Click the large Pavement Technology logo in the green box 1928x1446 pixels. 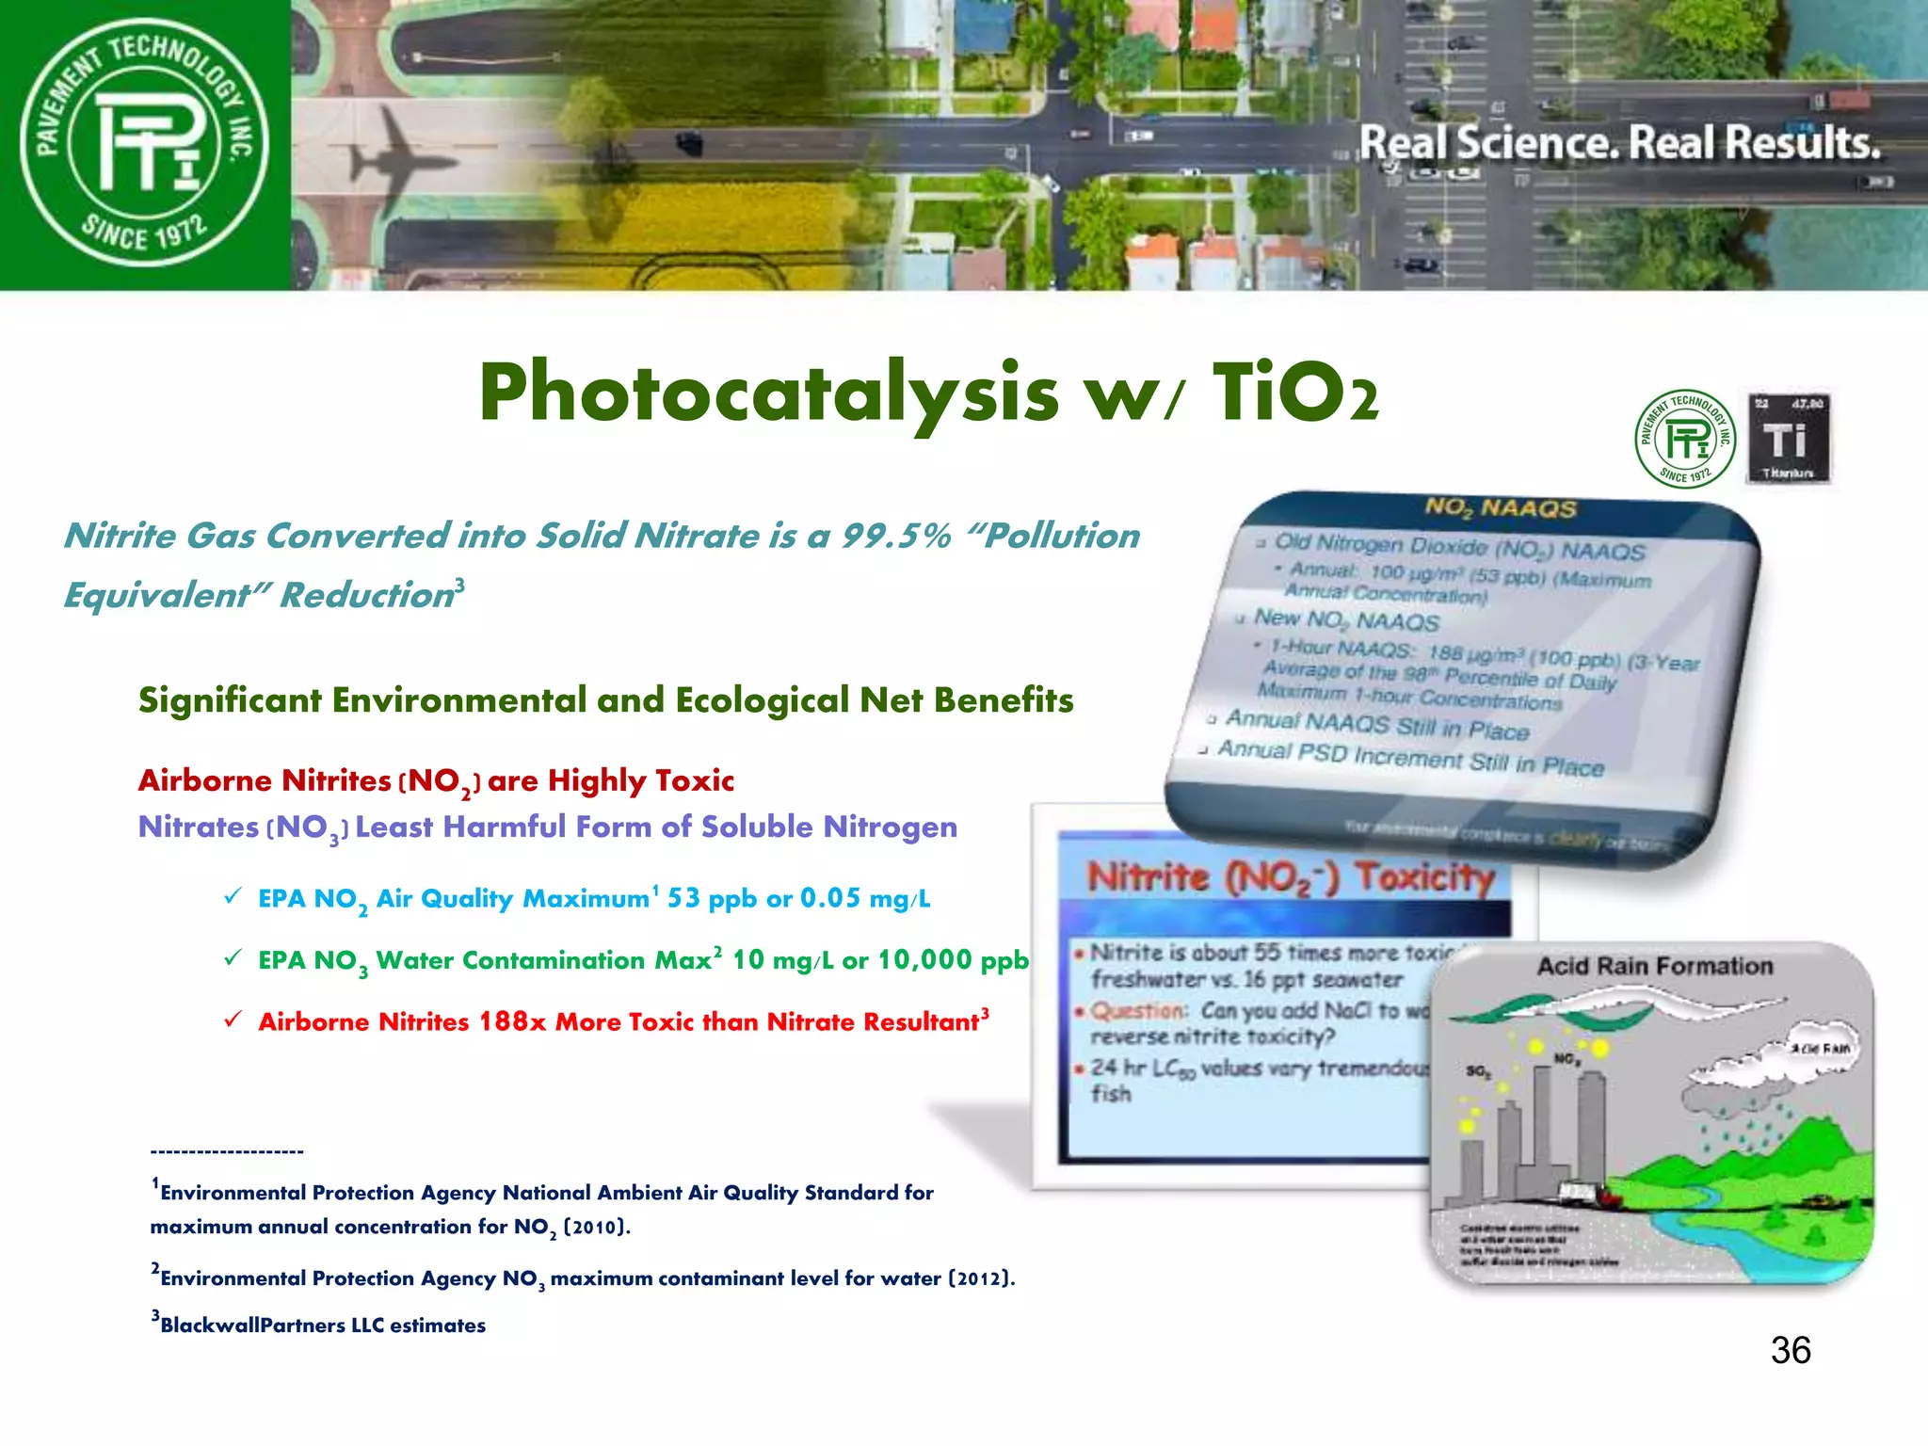[x=144, y=143]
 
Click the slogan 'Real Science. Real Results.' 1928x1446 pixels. [x=1619, y=143]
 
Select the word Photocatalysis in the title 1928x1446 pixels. [x=767, y=394]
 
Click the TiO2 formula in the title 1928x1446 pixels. [x=1294, y=394]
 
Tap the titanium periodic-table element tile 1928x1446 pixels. [x=1788, y=439]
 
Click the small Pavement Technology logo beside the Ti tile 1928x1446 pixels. [x=1685, y=439]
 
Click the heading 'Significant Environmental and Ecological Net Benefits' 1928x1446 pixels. [x=605, y=700]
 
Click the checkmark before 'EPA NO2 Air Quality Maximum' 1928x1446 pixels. [x=233, y=896]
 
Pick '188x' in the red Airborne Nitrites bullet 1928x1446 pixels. [x=512, y=1021]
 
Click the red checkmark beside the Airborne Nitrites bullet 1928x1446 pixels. [x=233, y=1020]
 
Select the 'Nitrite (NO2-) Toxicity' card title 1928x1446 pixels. [x=1290, y=877]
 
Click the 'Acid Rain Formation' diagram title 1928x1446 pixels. [x=1654, y=966]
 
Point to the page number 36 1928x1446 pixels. [x=1790, y=1350]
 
